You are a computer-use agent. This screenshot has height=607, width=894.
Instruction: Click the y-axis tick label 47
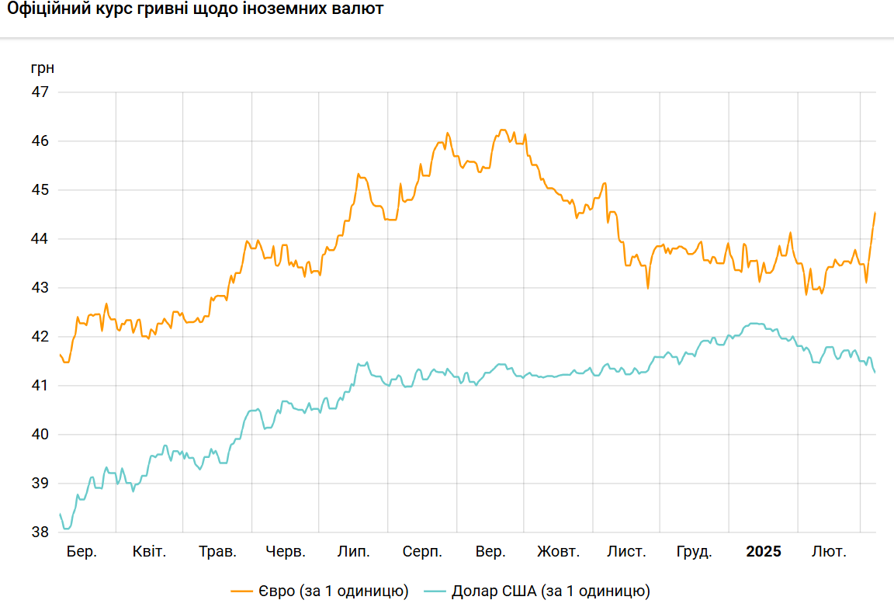tap(40, 92)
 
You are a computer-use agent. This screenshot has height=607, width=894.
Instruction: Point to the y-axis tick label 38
tap(40, 532)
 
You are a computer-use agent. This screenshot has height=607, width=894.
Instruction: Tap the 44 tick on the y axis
tap(40, 239)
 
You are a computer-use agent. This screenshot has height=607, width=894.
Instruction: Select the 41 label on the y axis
tap(40, 386)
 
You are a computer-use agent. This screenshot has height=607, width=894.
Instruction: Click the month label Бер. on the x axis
tap(81, 552)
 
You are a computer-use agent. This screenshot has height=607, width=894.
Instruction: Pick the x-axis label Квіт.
tap(149, 552)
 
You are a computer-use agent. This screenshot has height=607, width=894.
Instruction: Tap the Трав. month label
tap(218, 552)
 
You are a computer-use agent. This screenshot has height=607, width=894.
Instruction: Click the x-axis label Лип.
tap(354, 552)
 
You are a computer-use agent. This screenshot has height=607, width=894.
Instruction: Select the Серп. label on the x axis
tap(422, 552)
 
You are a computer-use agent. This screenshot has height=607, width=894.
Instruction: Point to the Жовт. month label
tap(558, 552)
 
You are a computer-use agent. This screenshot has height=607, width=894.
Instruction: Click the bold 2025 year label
tap(764, 552)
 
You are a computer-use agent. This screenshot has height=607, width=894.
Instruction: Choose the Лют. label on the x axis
tap(829, 552)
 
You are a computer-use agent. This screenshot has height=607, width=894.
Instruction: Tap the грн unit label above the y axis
tap(43, 68)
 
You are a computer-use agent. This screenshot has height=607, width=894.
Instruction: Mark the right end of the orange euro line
tap(875, 213)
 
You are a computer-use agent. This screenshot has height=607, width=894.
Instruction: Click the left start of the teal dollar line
tap(60, 514)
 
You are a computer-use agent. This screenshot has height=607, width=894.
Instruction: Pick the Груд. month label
tap(695, 552)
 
